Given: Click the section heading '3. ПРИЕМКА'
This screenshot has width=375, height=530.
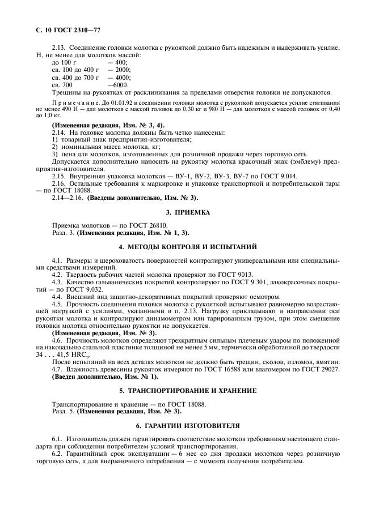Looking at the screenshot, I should (x=187, y=212).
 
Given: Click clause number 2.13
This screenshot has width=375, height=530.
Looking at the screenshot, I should (x=58, y=48).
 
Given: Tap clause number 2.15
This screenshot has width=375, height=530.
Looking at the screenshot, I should (x=58, y=177).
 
